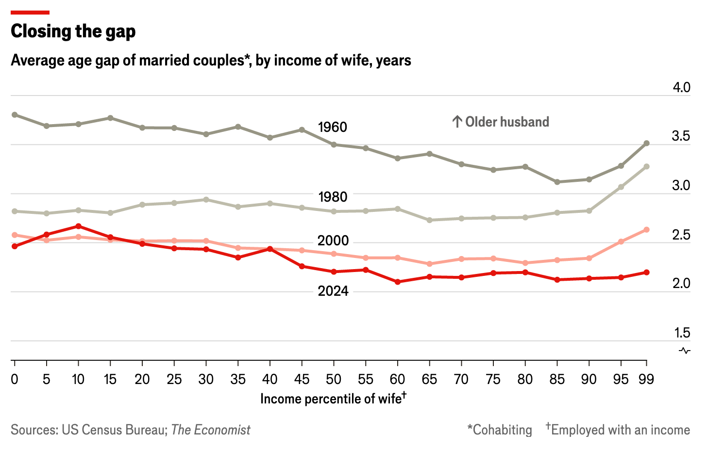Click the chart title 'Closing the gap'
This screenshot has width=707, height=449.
(x=73, y=32)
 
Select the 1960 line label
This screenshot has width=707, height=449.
(x=333, y=127)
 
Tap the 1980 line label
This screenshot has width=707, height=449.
(x=333, y=197)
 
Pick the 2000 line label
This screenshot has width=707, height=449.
(x=333, y=241)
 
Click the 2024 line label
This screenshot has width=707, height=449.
(x=333, y=290)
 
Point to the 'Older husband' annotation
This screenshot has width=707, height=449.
(x=501, y=122)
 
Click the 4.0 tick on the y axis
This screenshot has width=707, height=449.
(x=681, y=88)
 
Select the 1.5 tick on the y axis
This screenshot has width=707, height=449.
(x=681, y=333)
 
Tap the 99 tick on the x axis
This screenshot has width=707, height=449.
(x=646, y=379)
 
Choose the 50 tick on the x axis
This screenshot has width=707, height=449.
(x=334, y=379)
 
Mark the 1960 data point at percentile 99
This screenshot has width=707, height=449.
(x=646, y=143)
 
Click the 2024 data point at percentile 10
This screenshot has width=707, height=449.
(x=78, y=226)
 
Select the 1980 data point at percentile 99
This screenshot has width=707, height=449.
(x=646, y=166)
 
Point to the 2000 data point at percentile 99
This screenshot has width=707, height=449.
(x=646, y=229)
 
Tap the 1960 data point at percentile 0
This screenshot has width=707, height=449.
(x=15, y=115)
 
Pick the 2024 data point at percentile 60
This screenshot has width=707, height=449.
(x=398, y=282)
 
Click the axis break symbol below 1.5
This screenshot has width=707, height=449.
(x=685, y=351)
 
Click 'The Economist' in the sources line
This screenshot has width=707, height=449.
(x=211, y=430)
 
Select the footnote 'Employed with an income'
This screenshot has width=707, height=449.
(x=620, y=430)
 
